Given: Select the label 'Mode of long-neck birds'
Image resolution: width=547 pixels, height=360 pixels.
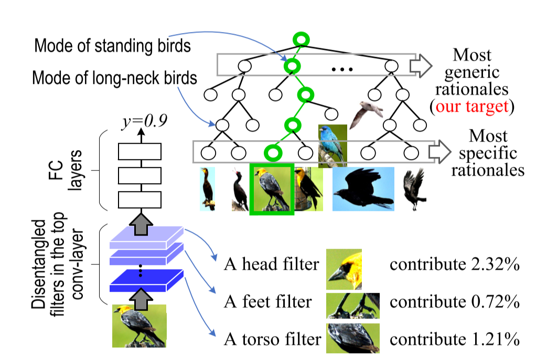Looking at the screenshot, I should [114, 79].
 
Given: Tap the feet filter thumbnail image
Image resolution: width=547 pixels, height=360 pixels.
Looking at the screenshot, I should [352, 306].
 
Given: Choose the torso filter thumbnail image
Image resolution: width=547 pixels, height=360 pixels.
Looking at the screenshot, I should [352, 338].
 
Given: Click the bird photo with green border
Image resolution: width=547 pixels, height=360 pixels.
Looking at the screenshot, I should [272, 189].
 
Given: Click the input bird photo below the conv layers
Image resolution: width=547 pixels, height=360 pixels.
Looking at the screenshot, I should [139, 326].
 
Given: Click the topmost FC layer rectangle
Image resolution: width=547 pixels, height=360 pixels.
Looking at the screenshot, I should [140, 152].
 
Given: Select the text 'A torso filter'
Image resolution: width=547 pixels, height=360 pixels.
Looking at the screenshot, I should [272, 340].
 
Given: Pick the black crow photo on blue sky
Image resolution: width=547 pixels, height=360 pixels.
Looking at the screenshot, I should [363, 189].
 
